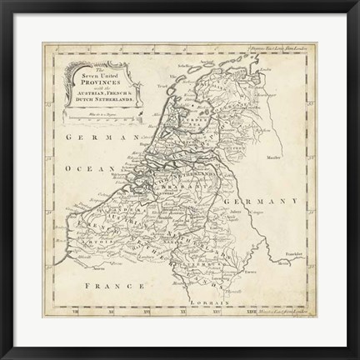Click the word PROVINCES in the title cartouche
(x=95, y=86)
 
